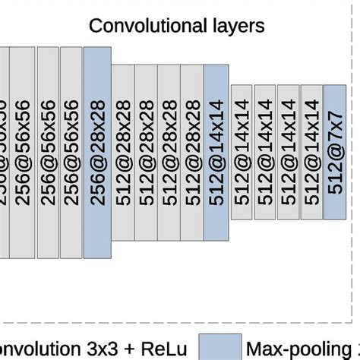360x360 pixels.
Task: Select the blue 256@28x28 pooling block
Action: (x=97, y=150)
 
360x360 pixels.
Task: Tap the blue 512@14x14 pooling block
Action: (x=216, y=150)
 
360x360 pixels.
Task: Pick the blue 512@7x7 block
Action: (x=334, y=150)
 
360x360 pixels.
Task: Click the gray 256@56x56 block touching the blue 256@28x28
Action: (x=71, y=150)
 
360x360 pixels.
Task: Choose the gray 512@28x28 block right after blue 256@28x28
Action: (x=123, y=150)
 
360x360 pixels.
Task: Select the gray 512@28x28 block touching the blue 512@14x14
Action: (x=192, y=150)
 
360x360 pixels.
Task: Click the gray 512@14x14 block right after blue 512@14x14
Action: (x=242, y=150)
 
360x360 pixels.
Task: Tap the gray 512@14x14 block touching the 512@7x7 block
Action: (x=311, y=150)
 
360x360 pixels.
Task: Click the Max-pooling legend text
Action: (x=304, y=348)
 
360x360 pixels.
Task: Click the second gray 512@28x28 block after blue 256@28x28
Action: (x=146, y=150)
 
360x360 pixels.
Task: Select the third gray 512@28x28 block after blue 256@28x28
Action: (x=169, y=150)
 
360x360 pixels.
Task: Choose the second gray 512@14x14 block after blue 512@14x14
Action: (x=265, y=150)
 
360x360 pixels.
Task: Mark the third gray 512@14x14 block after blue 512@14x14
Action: (x=289, y=150)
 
